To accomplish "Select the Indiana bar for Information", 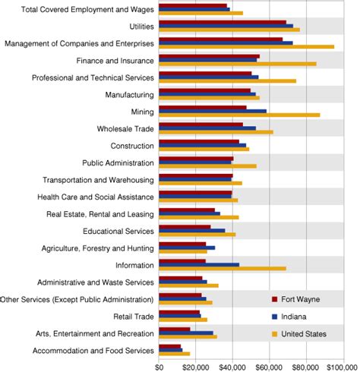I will click(199, 264).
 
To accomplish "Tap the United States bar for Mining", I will click(239, 115).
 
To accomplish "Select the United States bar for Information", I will click(222, 268).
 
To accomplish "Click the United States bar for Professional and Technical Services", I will click(227, 80).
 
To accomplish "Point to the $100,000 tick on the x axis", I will click(340, 366).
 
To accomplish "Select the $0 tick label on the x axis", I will click(159, 366).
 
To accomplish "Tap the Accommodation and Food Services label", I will click(94, 350).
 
